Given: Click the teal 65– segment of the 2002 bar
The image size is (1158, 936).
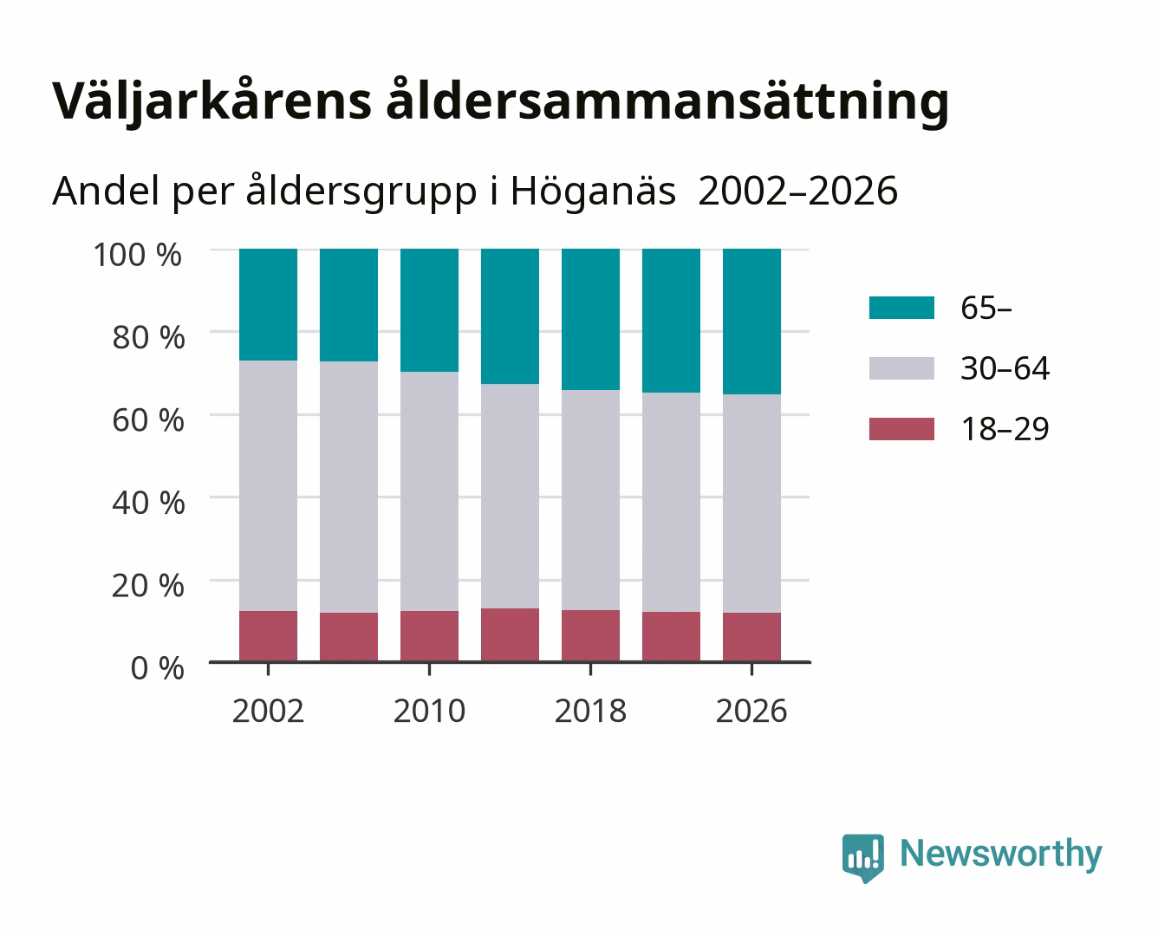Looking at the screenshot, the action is click(268, 304).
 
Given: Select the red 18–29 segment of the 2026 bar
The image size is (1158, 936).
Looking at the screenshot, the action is click(751, 637).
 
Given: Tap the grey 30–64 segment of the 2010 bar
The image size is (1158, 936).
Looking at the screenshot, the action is click(429, 491).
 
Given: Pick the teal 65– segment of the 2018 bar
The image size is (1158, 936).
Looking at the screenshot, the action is click(590, 319).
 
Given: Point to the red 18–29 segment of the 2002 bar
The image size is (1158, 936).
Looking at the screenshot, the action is click(268, 636).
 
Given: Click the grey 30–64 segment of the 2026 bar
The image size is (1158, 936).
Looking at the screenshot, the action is click(751, 504).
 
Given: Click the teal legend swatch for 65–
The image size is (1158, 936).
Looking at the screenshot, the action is click(901, 308).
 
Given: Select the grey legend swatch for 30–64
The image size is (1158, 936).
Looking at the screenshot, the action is click(901, 368).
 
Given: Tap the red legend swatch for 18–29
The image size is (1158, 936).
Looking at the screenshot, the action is click(901, 429).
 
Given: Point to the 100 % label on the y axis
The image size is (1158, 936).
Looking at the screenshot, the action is click(138, 255).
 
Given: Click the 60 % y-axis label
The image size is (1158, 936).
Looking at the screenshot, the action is click(148, 420).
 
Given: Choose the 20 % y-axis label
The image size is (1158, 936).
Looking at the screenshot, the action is click(148, 586).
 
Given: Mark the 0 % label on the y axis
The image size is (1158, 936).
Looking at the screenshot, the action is click(157, 668).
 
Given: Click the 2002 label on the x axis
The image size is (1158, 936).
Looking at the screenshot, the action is click(268, 711).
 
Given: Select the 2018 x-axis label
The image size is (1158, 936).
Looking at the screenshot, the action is click(590, 711).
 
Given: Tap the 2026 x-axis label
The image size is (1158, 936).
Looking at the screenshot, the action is click(751, 711).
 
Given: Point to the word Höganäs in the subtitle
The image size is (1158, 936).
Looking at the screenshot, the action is click(593, 192).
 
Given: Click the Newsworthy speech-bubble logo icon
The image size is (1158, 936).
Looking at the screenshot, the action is click(863, 858).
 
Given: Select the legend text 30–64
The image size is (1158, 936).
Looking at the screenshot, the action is click(1005, 368).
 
